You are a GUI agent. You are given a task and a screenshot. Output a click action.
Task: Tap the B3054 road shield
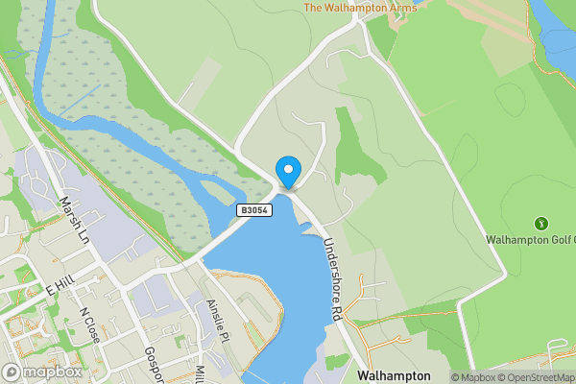pyautogui.click(x=255, y=209)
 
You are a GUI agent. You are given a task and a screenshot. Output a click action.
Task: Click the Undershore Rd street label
pyautogui.click(x=333, y=279)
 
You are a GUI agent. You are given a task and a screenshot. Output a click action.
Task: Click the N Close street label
pyautogui.click(x=90, y=324)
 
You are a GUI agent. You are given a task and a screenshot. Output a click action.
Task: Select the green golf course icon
pyautogui.click(x=540, y=223)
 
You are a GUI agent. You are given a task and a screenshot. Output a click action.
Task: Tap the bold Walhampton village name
pyautogui.click(x=394, y=375)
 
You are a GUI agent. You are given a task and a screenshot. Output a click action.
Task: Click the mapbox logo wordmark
pyautogui.click(x=53, y=372)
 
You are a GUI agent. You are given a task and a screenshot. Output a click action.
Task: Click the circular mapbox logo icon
pyautogui.click(x=12, y=372)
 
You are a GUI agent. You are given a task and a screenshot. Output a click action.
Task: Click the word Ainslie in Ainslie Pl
pyautogui.click(x=215, y=315)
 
